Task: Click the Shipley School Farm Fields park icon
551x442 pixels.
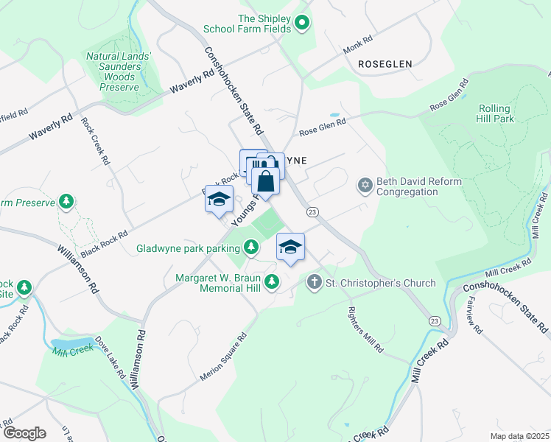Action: [x=301, y=24]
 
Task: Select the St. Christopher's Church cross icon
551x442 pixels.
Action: [x=314, y=281]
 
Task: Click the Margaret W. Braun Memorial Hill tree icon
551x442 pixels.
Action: [x=272, y=281]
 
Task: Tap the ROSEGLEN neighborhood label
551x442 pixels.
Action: [x=385, y=64]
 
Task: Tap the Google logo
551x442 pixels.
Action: [x=24, y=433]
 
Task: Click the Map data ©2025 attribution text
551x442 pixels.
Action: [x=519, y=436]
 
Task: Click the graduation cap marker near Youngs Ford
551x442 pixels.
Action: [x=219, y=200]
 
